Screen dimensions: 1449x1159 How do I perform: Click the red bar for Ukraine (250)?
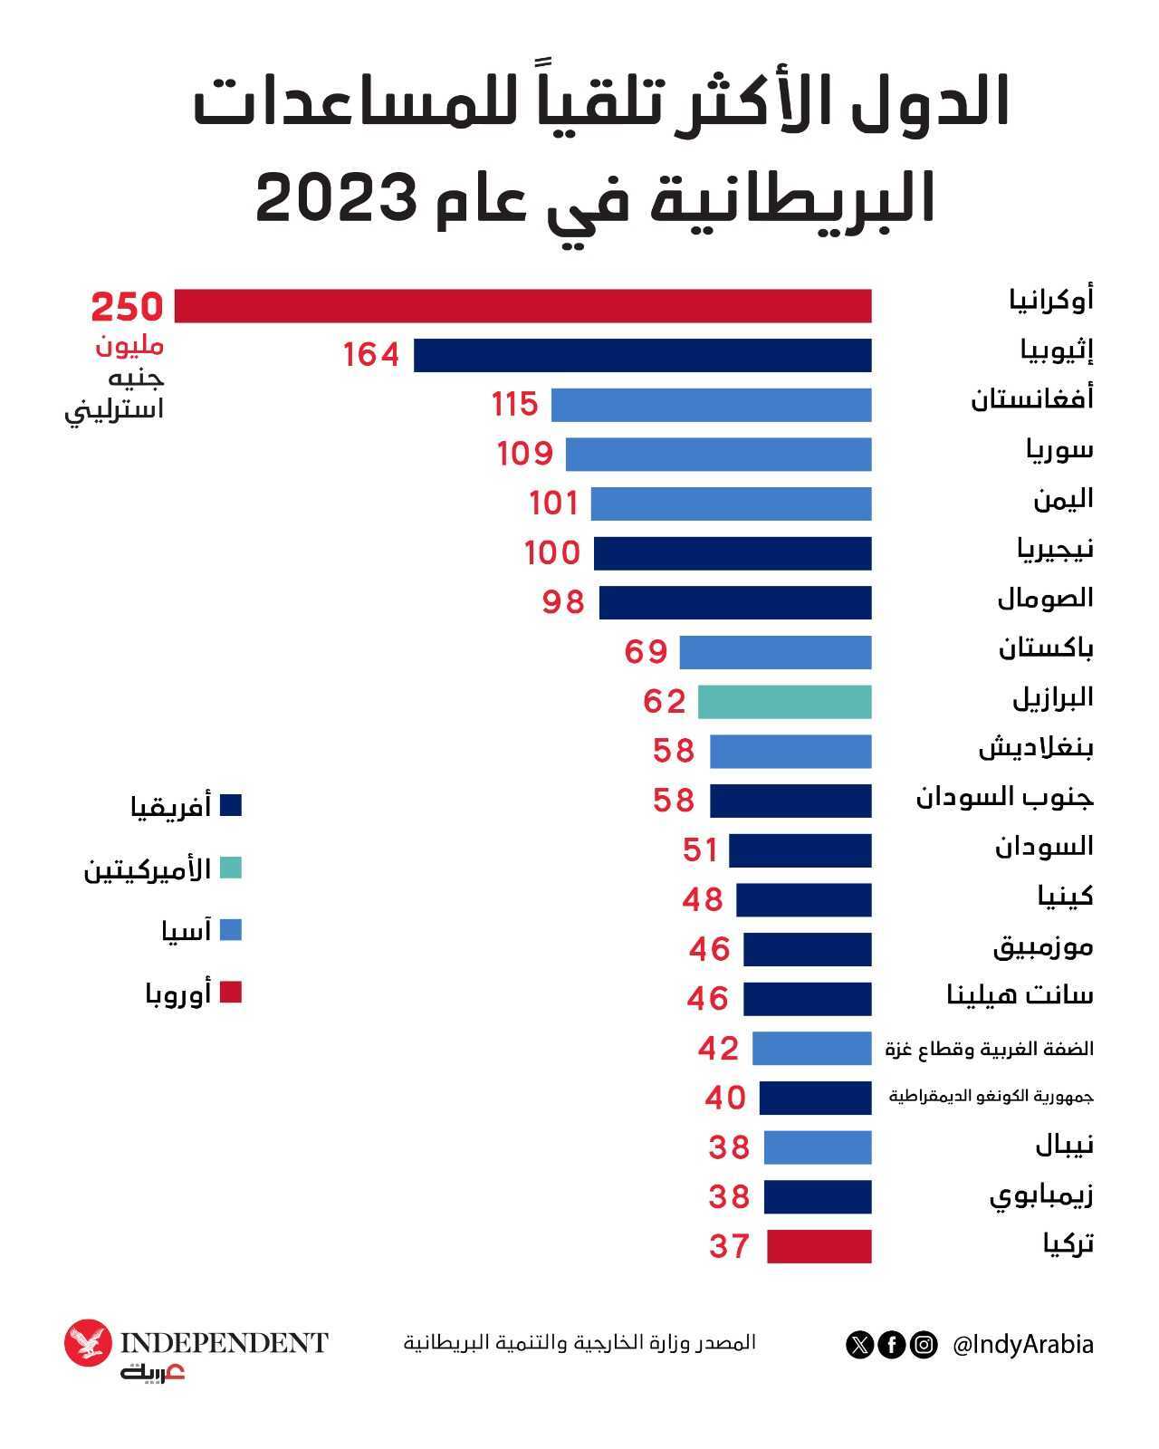tap(522, 306)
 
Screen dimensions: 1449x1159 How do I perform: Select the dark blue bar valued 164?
tap(642, 355)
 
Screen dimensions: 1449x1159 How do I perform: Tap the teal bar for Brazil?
tap(784, 702)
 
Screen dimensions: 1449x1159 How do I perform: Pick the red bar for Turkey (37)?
tap(819, 1246)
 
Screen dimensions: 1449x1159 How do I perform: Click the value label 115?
tap(515, 404)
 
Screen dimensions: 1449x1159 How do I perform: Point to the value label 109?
tap(525, 453)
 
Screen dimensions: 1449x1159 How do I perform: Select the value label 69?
tap(647, 651)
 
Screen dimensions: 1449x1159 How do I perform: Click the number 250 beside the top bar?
tap(127, 308)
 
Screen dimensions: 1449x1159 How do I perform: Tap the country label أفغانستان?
tap(1032, 398)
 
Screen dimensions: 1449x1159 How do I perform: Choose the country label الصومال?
tap(1045, 598)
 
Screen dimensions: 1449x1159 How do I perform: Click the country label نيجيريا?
tap(1054, 548)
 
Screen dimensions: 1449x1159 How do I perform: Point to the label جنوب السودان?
tap(1004, 797)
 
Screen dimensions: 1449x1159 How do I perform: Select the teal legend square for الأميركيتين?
tap(231, 868)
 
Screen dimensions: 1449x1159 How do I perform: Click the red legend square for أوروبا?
tap(231, 993)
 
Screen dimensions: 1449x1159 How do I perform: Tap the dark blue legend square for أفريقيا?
tap(231, 806)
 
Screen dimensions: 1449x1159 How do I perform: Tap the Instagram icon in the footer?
tap(923, 1345)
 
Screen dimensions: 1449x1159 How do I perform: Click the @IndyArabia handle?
tap(1023, 1345)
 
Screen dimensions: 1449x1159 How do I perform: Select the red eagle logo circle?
tap(88, 1344)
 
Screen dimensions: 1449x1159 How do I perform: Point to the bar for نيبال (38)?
tap(817, 1147)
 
